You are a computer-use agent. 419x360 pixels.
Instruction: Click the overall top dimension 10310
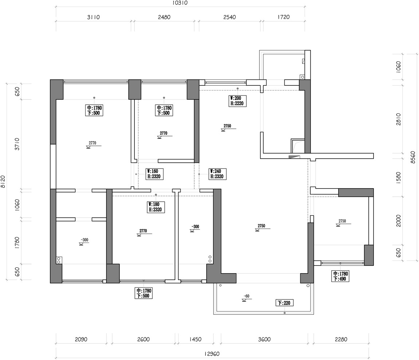[x=180, y=3]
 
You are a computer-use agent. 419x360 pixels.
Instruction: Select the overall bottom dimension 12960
[x=212, y=354]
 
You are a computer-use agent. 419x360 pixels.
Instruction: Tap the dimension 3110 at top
[x=93, y=17]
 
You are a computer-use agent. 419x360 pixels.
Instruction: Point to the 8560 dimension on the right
[x=413, y=157]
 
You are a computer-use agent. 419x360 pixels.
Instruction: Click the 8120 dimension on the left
[x=3, y=182]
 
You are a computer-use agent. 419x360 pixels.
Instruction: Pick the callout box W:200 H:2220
[x=238, y=101]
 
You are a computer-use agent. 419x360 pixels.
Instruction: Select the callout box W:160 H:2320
[x=154, y=174]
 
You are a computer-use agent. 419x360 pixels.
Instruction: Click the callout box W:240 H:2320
[x=218, y=174]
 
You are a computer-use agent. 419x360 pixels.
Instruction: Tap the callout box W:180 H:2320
[x=156, y=207]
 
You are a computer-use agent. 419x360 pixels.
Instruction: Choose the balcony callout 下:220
[x=284, y=303]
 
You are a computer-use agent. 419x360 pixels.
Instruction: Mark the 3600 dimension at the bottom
[x=264, y=340]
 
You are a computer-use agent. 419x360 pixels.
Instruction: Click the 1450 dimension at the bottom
[x=195, y=340]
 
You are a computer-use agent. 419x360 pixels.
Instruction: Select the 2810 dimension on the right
[x=399, y=119]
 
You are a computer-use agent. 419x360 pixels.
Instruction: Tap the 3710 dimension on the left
[x=17, y=144]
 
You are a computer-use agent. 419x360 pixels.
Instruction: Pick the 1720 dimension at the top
[x=283, y=17]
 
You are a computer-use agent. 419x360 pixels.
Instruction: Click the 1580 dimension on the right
[x=399, y=177]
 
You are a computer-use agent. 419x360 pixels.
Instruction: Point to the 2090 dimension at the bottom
[x=81, y=340]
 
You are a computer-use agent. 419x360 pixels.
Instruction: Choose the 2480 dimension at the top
[x=164, y=17]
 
